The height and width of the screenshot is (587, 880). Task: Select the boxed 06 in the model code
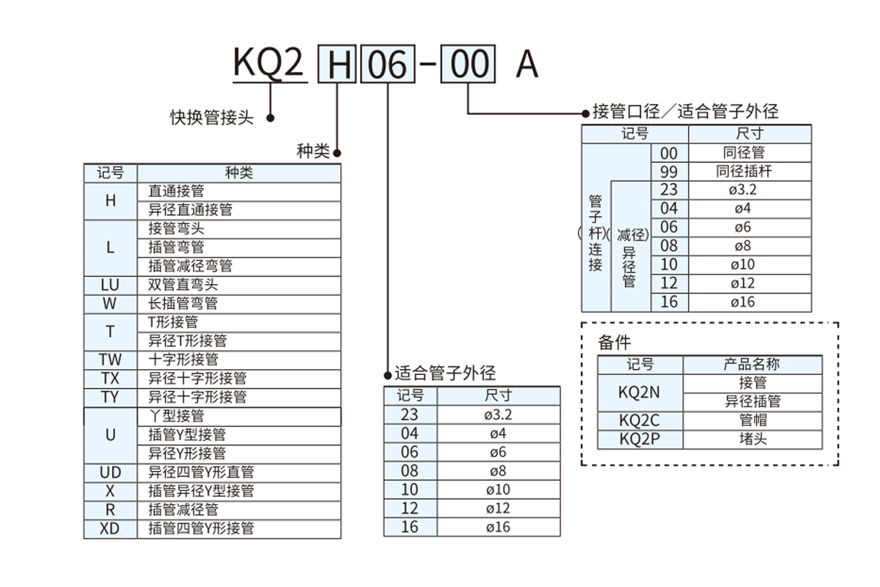coord(386,65)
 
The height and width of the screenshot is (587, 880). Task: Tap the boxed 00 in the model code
coord(469,65)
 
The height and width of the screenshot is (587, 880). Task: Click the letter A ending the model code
coord(527,65)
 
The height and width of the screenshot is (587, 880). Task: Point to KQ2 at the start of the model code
coord(268,64)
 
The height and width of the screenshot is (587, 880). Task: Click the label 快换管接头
coord(212,117)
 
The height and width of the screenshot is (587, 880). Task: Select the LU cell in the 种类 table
coord(110,285)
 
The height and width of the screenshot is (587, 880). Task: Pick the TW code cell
coord(110,360)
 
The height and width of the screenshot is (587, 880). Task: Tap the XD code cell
coord(110,528)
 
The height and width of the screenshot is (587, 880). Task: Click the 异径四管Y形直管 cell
coord(202,472)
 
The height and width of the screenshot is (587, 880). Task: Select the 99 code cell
coord(670,172)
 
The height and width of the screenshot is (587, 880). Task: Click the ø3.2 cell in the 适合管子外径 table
coord(498,415)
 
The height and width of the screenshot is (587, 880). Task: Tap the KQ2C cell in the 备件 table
coord(639,420)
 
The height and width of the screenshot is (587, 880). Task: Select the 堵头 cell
coord(752,440)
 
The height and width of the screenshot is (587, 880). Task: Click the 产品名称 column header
coord(752,364)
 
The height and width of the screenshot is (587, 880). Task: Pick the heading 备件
coord(614,342)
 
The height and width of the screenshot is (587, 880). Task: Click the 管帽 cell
coord(752,420)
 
